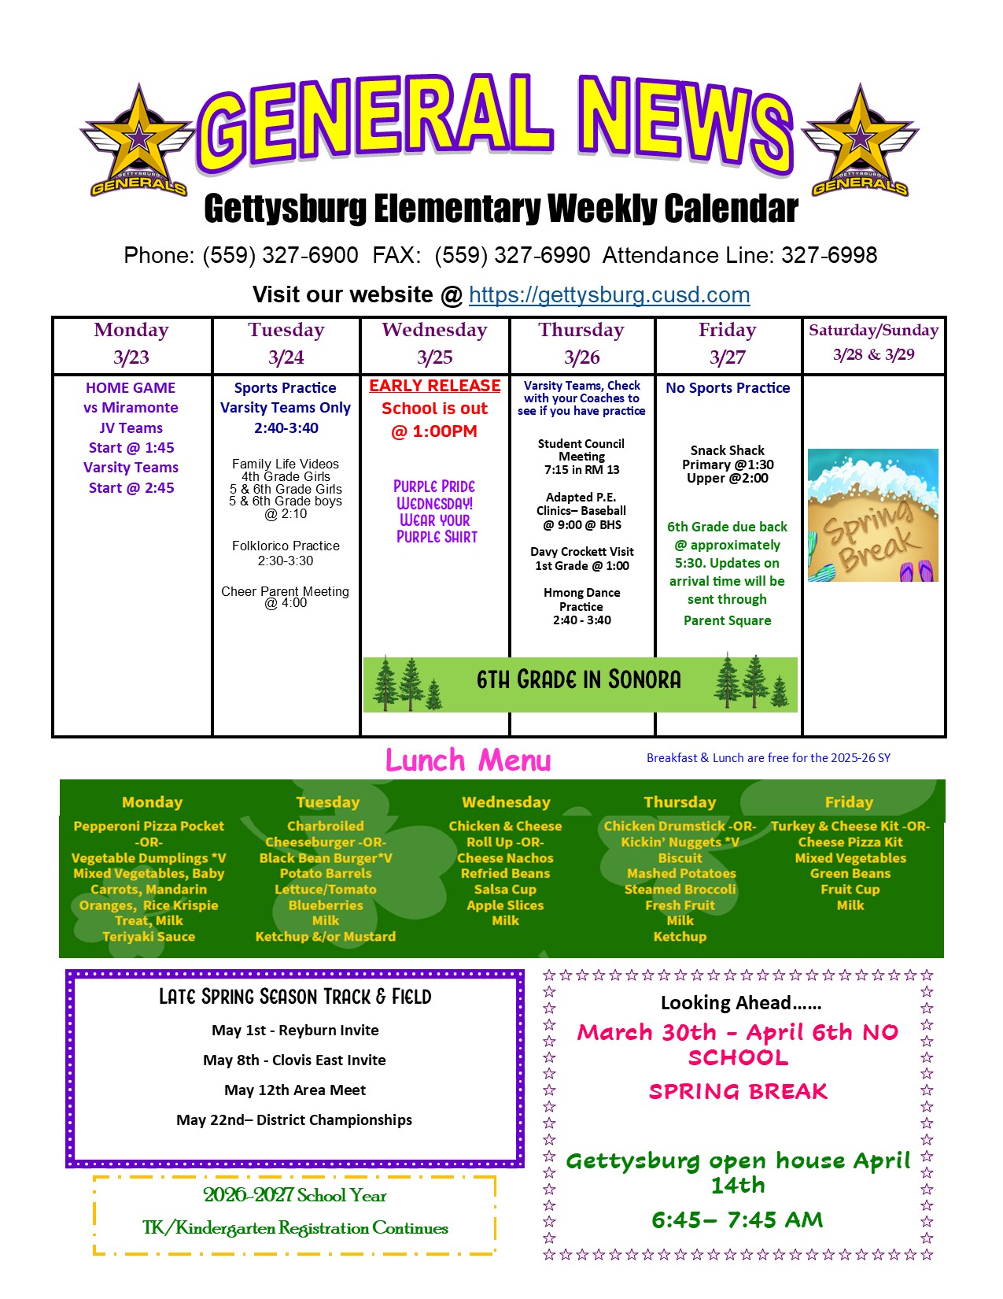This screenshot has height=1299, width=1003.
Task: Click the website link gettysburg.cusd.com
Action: pos(609,295)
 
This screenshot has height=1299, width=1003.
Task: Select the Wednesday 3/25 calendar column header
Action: pos(434,344)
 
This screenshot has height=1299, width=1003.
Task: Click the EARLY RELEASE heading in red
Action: pos(435,386)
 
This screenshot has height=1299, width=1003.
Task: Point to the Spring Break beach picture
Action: pos(872,515)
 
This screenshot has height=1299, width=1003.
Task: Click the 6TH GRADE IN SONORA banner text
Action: pos(578,680)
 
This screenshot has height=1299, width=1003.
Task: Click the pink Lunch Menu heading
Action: pos(468,761)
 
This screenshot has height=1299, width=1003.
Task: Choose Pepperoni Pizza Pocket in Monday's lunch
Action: pos(149,826)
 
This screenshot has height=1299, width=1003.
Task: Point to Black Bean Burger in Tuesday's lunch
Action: pos(325,858)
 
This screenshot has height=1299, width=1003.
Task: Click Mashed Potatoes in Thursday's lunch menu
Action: pos(681,873)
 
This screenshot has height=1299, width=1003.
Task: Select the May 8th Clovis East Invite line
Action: pos(294,1060)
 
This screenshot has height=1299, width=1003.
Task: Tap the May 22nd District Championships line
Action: pos(294,1120)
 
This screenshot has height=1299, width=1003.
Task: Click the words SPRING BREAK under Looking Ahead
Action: pos(738,1092)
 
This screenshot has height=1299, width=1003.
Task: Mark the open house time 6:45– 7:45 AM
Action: pos(737,1220)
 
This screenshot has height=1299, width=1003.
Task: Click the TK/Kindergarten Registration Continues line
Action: pos(295,1228)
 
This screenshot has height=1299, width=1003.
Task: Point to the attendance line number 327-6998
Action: pos(829,255)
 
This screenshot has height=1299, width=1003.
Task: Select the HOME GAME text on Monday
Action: pos(131,388)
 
